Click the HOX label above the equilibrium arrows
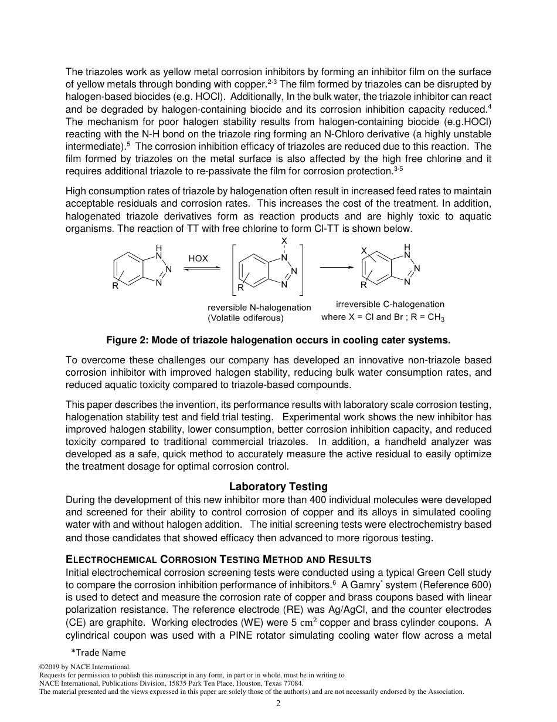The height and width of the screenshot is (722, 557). (x=198, y=258)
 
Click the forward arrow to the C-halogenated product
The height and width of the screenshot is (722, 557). (x=337, y=267)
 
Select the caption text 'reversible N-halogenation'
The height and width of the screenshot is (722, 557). (x=259, y=308)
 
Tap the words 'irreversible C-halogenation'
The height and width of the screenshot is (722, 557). (x=390, y=304)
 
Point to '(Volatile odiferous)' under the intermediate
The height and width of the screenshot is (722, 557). (x=245, y=318)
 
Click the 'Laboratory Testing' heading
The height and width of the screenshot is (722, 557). (x=278, y=487)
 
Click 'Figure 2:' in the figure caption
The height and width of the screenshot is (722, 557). (x=125, y=340)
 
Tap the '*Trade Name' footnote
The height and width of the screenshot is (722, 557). (x=99, y=652)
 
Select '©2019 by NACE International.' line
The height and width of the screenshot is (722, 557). (x=84, y=667)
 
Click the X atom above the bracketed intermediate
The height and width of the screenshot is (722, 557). (x=284, y=241)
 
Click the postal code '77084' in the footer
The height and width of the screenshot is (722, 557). (x=293, y=683)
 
